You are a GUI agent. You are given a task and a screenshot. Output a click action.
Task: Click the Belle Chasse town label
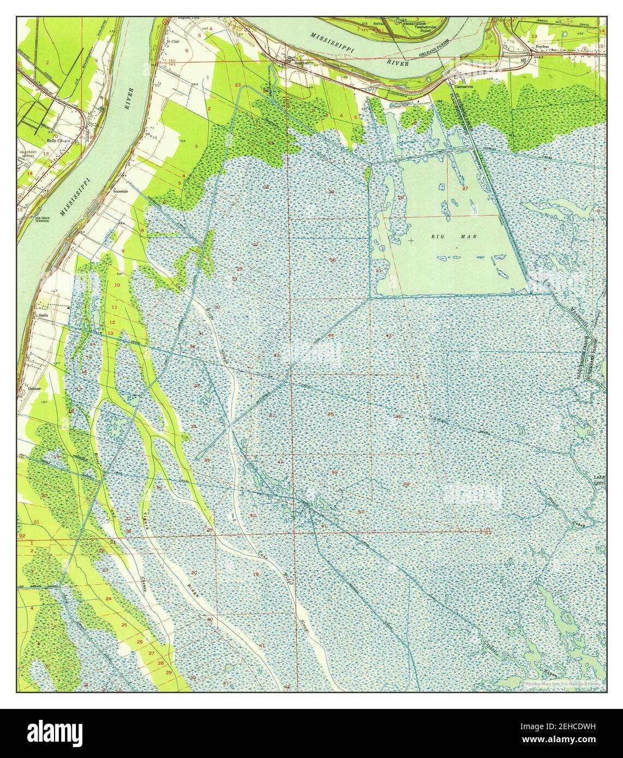[x=59, y=140]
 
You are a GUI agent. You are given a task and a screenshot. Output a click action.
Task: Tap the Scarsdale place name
[x=120, y=192]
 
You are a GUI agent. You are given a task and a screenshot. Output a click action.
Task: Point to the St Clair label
[x=173, y=41]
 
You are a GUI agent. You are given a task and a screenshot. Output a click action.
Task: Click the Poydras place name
[x=541, y=47]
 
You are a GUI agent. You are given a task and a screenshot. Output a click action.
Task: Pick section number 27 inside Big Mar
[x=465, y=188]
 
